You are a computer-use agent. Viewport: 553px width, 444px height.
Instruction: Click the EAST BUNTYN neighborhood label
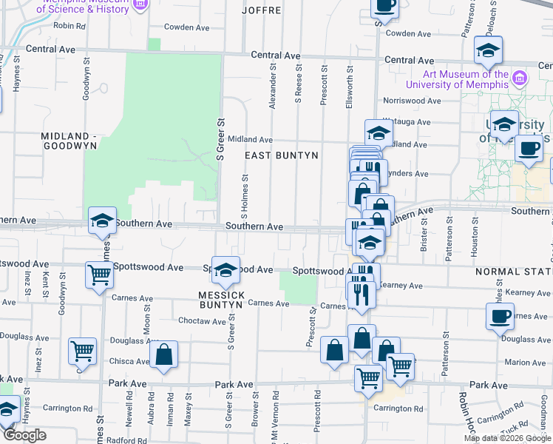[282, 155]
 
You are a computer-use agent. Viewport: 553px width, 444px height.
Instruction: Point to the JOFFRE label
[262, 11]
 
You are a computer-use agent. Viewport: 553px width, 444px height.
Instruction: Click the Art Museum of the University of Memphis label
[466, 79]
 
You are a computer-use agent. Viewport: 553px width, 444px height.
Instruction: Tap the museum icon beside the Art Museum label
[519, 78]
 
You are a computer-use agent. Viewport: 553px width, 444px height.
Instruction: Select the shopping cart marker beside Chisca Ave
[81, 351]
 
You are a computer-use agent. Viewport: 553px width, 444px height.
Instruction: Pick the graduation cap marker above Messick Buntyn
[225, 270]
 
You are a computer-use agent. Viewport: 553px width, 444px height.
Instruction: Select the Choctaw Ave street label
[202, 322]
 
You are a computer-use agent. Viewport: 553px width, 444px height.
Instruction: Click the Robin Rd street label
[69, 25]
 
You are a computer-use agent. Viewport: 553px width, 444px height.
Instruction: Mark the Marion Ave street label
[526, 363]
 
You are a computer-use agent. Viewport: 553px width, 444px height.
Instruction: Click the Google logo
[24, 435]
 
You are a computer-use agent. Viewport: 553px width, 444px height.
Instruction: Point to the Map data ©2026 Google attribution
[507, 438]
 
